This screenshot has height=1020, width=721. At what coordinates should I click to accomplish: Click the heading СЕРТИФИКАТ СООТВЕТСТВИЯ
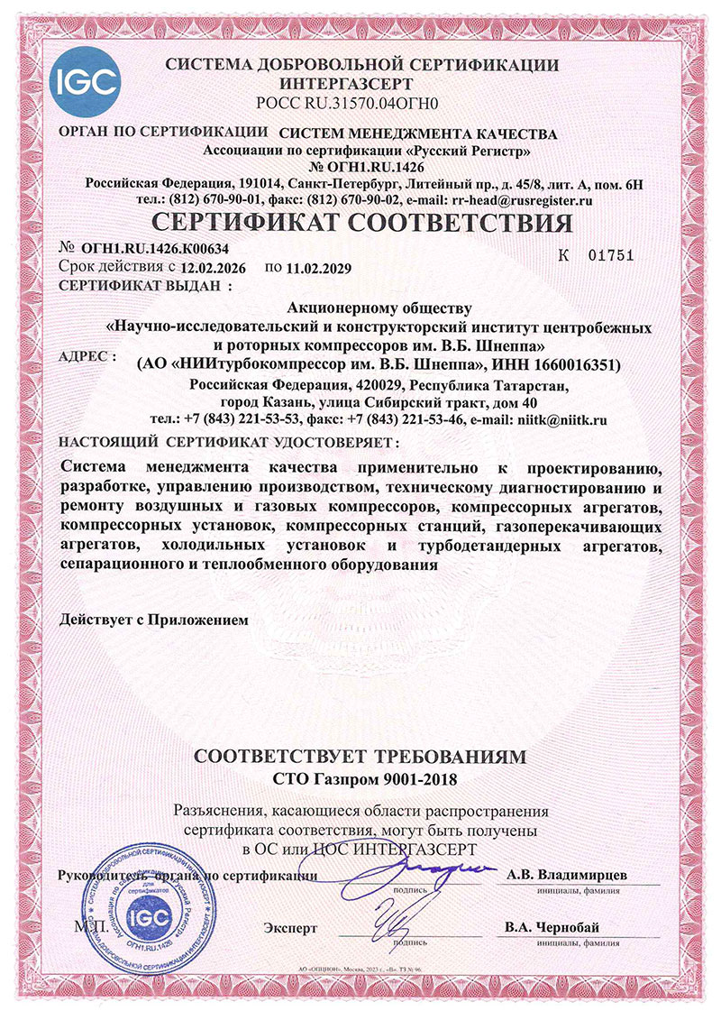360,222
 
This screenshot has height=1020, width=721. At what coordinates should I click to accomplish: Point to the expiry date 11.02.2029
316,268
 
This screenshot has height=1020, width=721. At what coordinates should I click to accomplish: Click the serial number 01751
610,255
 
